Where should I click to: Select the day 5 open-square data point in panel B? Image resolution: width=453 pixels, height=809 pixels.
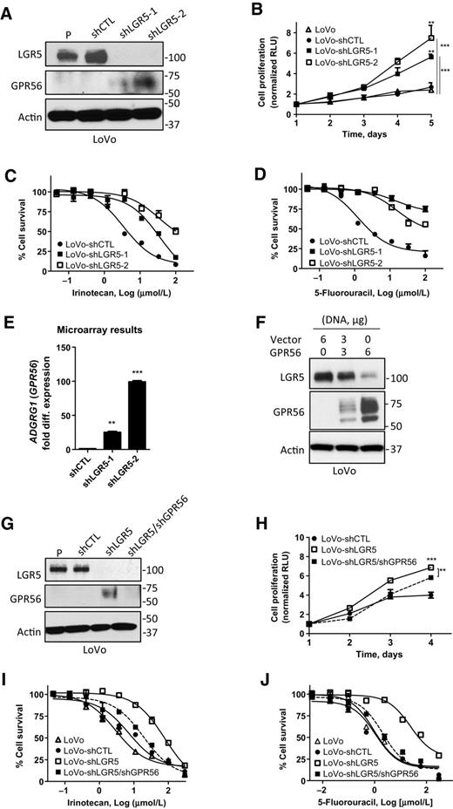(430, 38)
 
